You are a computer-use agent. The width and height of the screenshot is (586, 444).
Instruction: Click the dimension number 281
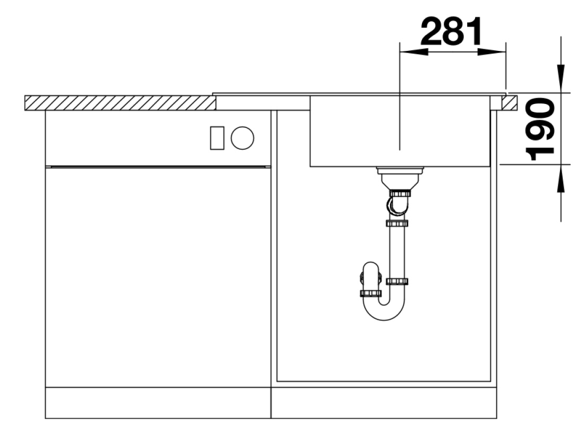click(x=452, y=31)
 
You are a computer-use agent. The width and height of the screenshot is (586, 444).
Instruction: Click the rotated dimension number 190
click(x=540, y=129)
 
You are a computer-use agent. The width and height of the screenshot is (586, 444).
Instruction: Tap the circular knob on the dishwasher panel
click(x=242, y=138)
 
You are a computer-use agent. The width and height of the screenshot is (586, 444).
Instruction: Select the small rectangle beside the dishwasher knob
click(x=217, y=138)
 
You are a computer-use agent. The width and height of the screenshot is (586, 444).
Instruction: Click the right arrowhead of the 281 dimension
click(x=492, y=52)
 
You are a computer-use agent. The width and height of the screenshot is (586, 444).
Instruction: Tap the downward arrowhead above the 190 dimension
click(x=561, y=79)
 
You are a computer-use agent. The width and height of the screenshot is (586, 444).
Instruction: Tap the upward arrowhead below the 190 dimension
click(x=561, y=178)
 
